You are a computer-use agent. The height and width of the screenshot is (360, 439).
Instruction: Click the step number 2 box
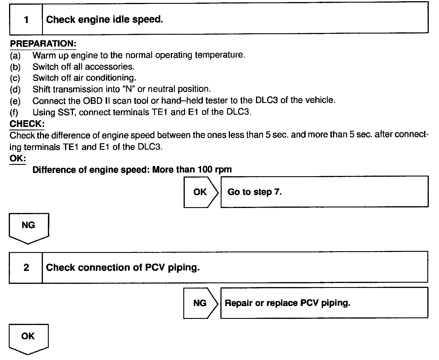26,268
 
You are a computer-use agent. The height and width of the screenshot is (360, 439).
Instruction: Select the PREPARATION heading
43,44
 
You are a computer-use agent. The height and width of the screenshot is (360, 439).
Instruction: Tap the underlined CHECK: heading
27,124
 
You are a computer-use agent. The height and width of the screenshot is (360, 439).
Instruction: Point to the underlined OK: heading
18,158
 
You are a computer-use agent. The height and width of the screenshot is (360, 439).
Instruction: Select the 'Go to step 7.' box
324,192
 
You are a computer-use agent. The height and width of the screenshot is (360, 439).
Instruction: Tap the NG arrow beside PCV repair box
200,303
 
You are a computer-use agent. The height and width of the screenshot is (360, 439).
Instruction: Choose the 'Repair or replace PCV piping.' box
324,303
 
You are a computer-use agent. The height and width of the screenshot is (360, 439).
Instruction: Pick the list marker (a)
15,55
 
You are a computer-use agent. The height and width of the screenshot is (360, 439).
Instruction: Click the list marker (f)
14,112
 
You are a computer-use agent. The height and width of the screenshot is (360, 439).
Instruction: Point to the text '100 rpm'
215,169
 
